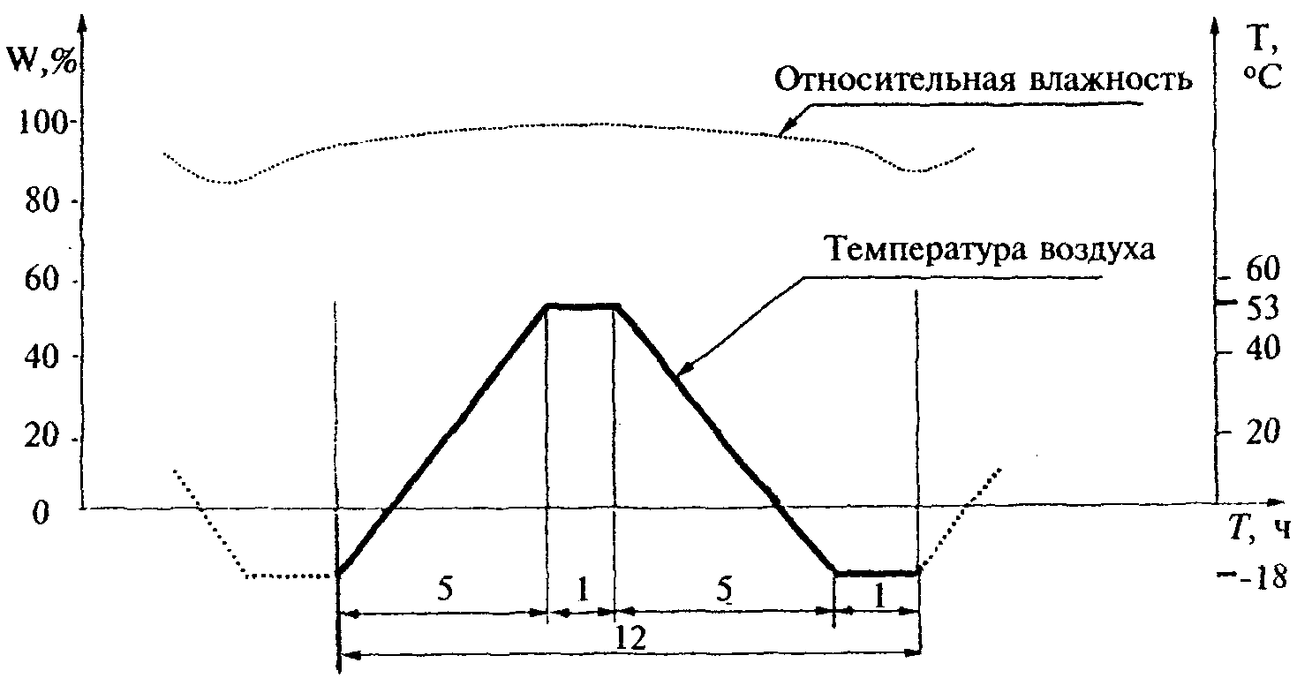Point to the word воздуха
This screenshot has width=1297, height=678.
[x=1090, y=252]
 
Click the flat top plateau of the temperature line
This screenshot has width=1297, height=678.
[x=582, y=306]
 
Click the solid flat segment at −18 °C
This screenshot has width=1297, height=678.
[x=876, y=572]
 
